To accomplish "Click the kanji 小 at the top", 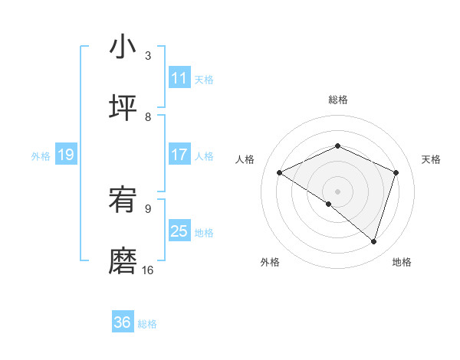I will (123, 47).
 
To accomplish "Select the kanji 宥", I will (123, 201).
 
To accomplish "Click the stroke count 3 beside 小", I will (148, 56).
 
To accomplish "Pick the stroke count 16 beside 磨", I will (148, 270).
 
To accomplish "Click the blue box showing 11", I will (179, 78).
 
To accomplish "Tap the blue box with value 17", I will (179, 155).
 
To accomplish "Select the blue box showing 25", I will (179, 231).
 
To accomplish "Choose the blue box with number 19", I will (66, 155).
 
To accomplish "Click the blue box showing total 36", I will (123, 322).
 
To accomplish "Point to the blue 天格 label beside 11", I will (204, 79).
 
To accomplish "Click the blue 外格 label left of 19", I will (41, 155).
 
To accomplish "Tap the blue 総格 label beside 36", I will (147, 323).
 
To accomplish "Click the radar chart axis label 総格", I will (338, 100).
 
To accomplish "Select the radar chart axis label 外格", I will (269, 262).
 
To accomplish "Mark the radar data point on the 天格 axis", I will (396, 172).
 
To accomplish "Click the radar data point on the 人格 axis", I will (280, 172).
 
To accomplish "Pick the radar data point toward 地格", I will (373, 241).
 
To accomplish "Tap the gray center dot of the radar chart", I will (338, 191).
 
